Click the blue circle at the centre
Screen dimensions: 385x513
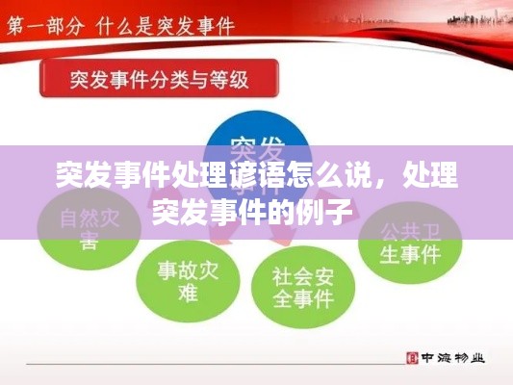coord(257,154)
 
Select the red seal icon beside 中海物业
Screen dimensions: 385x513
coord(413,357)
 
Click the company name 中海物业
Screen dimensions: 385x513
coord(452,357)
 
